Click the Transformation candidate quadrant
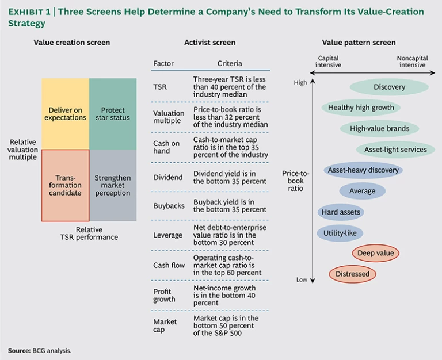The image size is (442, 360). click(65, 185)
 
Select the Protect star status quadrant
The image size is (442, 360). click(113, 114)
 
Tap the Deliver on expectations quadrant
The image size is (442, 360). click(65, 114)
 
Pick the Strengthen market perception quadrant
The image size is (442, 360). click(113, 185)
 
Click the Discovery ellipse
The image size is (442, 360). click(389, 87)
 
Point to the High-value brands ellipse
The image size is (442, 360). click(376, 128)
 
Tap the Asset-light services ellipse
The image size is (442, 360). click(395, 150)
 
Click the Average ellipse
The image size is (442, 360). click(362, 191)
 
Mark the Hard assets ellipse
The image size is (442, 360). click(341, 212)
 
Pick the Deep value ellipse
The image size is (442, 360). click(375, 253)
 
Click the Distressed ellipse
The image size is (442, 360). click(352, 274)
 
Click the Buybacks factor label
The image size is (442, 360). click(167, 205)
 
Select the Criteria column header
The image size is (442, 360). click(230, 63)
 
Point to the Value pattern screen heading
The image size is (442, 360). click(359, 43)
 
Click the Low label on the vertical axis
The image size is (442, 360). click(302, 280)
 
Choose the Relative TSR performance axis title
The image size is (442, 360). click(89, 233)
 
